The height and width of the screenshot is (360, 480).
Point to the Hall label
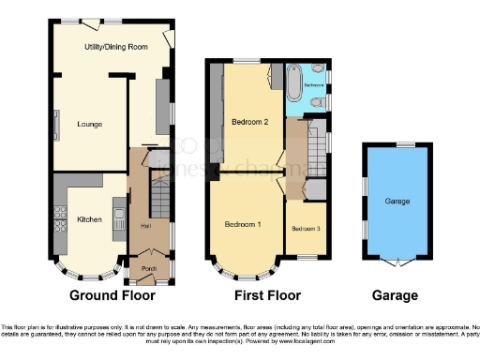[145, 225]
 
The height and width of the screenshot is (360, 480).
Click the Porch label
[148, 265]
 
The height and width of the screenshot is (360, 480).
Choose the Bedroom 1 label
[243, 225]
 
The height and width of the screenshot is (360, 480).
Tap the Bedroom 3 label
[305, 229]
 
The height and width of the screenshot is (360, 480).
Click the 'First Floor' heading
[266, 295]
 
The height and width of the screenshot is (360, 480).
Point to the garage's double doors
[397, 259]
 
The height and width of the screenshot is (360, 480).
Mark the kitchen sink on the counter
[120, 221]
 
